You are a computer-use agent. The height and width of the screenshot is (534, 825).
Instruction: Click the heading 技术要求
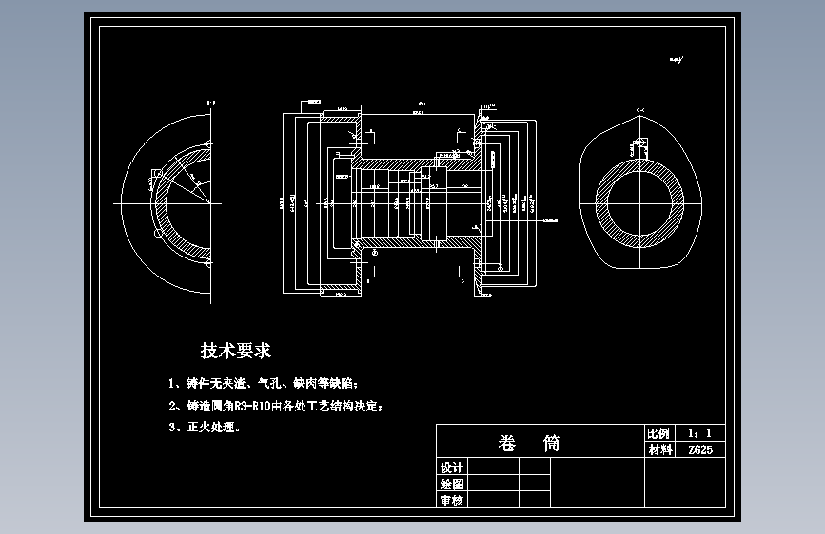click(236, 351)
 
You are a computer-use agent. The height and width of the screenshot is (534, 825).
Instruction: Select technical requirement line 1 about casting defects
click(263, 384)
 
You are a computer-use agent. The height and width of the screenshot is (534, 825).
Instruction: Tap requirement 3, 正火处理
click(205, 428)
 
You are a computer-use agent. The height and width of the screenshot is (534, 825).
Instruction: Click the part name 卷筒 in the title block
click(529, 443)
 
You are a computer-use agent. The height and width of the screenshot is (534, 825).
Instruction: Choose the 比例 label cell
click(658, 432)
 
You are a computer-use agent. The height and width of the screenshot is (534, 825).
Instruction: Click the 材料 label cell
click(658, 449)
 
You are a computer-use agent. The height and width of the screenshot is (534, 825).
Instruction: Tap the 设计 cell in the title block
click(452, 467)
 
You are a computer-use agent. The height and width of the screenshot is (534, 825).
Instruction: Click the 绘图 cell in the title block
click(452, 484)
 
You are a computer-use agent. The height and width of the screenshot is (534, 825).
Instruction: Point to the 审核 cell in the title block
click(452, 500)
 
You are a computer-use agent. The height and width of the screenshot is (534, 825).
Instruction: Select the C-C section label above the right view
click(640, 111)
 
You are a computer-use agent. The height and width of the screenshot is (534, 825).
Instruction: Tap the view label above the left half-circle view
click(211, 102)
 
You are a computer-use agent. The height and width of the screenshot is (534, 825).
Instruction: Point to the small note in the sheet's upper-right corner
click(677, 59)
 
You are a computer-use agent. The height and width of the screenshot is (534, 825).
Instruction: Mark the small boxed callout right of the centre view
click(549, 220)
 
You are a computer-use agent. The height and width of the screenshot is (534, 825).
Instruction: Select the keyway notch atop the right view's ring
click(639, 152)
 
